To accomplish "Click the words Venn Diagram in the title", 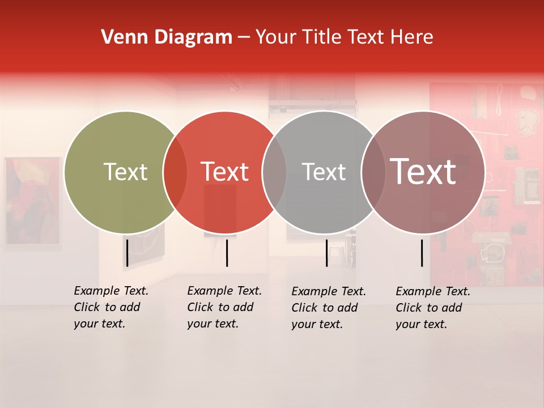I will (167, 37).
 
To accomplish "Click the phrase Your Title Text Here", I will (344, 37).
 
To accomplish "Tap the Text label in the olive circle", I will (125, 172).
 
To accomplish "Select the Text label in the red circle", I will (224, 172).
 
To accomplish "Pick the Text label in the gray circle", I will (324, 172).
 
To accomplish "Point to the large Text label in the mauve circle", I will (423, 172).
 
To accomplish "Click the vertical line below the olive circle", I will (127, 253).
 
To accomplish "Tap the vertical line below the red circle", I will (227, 253).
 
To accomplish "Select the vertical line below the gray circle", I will (326, 253).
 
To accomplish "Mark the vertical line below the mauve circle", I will (422, 253).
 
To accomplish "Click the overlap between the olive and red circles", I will (175, 172).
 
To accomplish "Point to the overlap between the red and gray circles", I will (274, 172).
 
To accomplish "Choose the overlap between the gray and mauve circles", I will (373, 172).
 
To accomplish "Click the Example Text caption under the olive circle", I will (110, 307).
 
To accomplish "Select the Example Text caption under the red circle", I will (224, 307).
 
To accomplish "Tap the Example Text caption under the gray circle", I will (328, 308).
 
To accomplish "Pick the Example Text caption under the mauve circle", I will (432, 308).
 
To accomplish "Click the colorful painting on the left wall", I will (32, 201).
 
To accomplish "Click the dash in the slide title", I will (244, 38).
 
